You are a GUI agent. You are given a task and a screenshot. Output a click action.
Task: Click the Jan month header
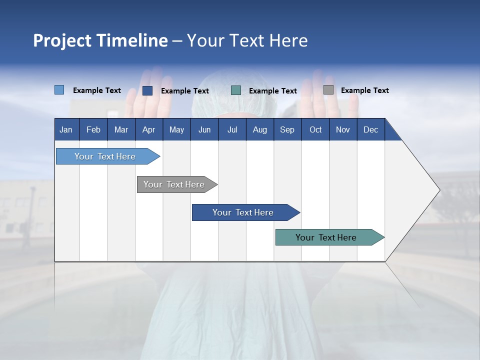coord(66,129)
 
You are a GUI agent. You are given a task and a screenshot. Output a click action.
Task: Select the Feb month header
coord(93,129)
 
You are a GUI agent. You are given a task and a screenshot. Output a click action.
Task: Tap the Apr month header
coord(148,129)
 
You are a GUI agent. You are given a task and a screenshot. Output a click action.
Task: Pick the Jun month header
coord(204,129)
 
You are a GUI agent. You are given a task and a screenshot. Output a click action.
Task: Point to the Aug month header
coord(259,129)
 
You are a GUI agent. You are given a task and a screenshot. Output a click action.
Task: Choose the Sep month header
coord(287,129)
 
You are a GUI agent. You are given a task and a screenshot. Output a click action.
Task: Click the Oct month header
coord(315,129)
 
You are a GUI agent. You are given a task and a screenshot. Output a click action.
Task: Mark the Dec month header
coord(370,129)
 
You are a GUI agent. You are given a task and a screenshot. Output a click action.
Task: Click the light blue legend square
coord(59,90)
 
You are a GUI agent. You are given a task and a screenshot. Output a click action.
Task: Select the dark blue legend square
coord(147,90)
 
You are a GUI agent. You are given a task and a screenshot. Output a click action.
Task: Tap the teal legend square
coord(236,90)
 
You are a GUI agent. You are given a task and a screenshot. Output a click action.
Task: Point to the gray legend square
coord(328,90)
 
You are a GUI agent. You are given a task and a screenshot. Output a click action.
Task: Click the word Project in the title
coord(62,40)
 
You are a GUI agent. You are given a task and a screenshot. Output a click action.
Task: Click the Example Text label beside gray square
coord(364,90)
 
